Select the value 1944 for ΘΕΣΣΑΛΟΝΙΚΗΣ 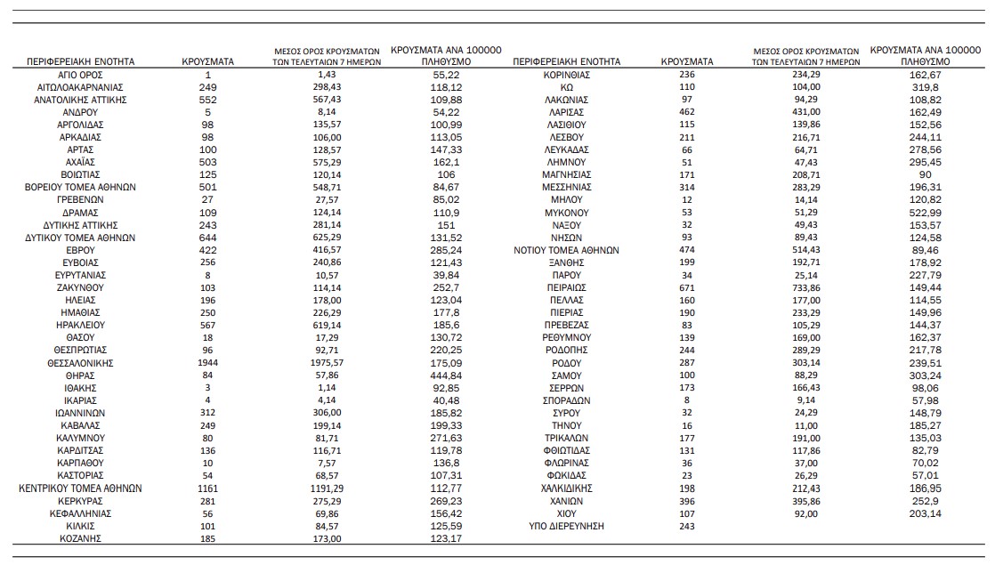(x=207, y=363)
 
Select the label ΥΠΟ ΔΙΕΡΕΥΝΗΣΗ (x=567, y=527)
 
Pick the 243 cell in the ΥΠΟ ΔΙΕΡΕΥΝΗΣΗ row (x=686, y=527)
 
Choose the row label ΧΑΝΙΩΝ (x=567, y=501)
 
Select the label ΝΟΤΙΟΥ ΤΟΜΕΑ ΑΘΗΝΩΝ (x=567, y=250)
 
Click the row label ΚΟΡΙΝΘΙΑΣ (x=567, y=75)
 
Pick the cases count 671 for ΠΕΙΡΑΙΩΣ (x=686, y=288)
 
